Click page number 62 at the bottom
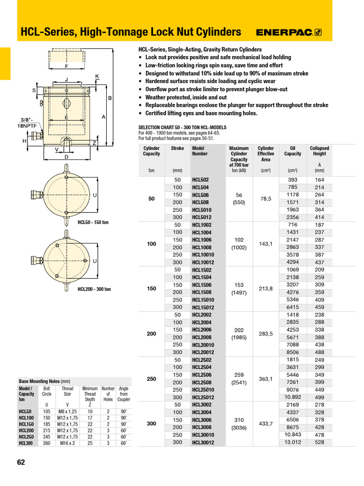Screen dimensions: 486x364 point(21,462)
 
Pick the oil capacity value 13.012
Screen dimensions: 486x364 point(292,442)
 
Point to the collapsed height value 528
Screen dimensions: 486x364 point(319,442)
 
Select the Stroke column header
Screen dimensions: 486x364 point(177,148)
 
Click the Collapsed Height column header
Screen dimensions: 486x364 point(319,151)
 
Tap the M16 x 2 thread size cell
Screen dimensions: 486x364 point(67,443)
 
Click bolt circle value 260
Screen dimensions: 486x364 point(46,443)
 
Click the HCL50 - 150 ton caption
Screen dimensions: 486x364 point(93,222)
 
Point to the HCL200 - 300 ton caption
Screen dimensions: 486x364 point(94,289)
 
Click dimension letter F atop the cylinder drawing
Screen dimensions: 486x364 point(66,66)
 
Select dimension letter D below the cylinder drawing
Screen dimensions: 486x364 point(66,157)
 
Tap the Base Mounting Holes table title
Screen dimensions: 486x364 point(44,381)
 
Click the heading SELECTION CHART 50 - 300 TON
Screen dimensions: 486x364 point(182,128)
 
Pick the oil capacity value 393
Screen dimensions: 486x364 point(292,180)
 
